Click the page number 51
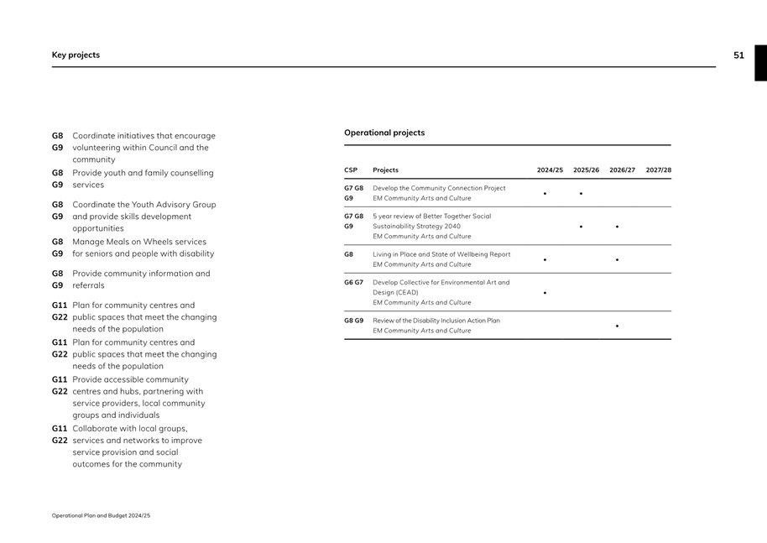coord(738,55)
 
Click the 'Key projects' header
coord(76,55)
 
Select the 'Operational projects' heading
coord(384,133)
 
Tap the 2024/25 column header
coord(550,170)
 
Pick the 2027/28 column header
coord(659,170)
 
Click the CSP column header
coord(351,170)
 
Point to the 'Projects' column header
coord(386,170)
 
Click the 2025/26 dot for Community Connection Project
coord(581,194)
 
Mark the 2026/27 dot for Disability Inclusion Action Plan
coord(617,326)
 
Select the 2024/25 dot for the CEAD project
coord(545,293)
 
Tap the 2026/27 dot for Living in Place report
coord(617,260)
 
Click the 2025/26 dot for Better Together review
coord(581,227)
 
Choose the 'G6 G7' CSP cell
coord(353,283)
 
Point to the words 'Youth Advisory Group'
coord(173,205)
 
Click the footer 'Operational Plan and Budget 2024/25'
coord(101,515)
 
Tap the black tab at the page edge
coord(760,63)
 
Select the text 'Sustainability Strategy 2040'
coord(416,227)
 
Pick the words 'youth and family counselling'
coord(158,173)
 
